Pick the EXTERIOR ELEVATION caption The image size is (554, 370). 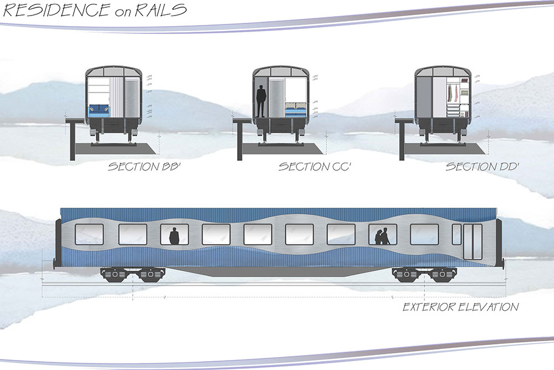click(x=460, y=307)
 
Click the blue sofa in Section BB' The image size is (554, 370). click(x=99, y=110)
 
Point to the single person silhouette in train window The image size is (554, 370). click(x=174, y=236)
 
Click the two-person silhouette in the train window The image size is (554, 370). click(x=382, y=236)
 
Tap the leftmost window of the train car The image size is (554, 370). click(x=89, y=234)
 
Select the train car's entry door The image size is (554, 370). click(x=473, y=241)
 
